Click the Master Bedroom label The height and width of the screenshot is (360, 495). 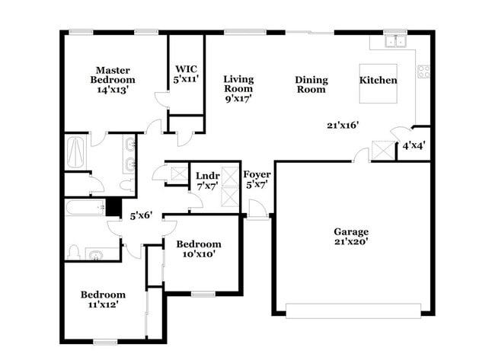click(x=112, y=78)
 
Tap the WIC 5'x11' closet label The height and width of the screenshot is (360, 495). click(x=187, y=72)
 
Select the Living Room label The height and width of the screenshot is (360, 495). click(x=238, y=88)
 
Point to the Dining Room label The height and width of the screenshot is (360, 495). click(x=311, y=84)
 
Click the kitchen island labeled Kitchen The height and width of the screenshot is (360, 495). click(x=378, y=81)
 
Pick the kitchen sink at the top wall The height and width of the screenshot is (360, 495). click(x=394, y=42)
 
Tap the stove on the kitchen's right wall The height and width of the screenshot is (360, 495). click(x=423, y=72)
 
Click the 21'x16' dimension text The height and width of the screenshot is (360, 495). click(x=342, y=125)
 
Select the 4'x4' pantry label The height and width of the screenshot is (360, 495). click(x=414, y=145)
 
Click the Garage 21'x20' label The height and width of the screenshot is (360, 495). click(x=351, y=237)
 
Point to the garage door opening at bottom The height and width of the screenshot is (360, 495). click(x=353, y=311)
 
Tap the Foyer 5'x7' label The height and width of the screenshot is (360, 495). click(x=257, y=179)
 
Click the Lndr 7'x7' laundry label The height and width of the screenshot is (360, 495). click(x=207, y=180)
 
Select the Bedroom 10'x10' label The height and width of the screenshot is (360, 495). click(x=198, y=249)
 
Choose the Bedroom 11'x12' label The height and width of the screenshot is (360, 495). click(x=104, y=299)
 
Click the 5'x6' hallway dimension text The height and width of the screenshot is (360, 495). click(x=141, y=215)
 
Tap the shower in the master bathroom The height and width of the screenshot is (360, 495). click(x=76, y=152)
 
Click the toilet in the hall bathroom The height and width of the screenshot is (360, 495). click(x=75, y=251)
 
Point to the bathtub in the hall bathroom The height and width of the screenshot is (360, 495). click(x=84, y=207)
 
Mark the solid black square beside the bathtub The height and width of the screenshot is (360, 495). click(x=113, y=206)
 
